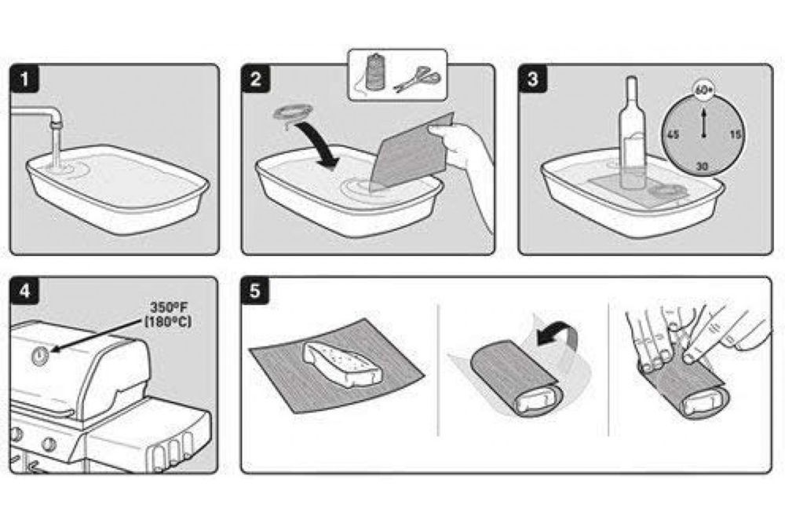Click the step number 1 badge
[24, 79]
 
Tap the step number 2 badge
[256, 79]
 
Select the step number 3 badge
[533, 79]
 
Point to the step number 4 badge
[24, 291]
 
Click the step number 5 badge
[255, 291]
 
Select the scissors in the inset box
[417, 80]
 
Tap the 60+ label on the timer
[703, 90]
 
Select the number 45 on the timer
[674, 135]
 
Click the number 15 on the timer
[735, 134]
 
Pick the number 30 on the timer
[703, 167]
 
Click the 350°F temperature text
[168, 307]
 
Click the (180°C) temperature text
[168, 321]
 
